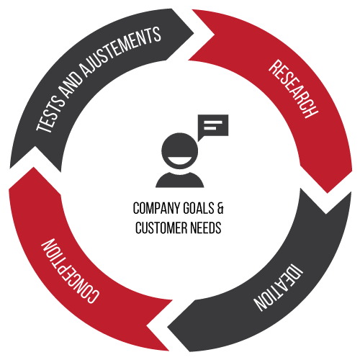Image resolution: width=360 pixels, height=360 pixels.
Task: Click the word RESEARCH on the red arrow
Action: (x=293, y=89)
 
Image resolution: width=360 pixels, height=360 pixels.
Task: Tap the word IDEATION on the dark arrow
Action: (x=279, y=287)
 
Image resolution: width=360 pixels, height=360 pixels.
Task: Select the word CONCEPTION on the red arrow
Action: (x=70, y=271)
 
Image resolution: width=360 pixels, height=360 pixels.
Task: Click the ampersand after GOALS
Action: (x=220, y=208)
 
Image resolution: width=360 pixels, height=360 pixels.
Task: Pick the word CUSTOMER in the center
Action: (x=161, y=228)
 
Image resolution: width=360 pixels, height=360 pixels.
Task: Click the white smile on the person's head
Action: (x=179, y=161)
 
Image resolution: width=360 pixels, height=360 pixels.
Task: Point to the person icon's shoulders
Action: (x=180, y=180)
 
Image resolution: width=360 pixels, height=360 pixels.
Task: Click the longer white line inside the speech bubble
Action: (x=213, y=122)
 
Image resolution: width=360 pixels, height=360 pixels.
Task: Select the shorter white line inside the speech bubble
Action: (x=210, y=128)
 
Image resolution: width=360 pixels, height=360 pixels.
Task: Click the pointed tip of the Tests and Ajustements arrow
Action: (x=194, y=33)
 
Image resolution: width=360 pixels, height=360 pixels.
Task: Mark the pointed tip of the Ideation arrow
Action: (x=167, y=328)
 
